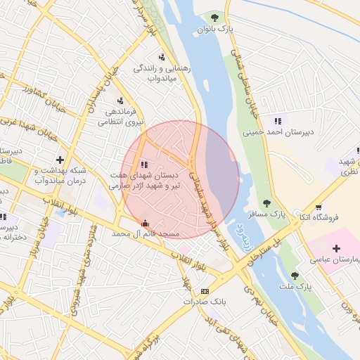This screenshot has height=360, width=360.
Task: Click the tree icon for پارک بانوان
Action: point(214,18)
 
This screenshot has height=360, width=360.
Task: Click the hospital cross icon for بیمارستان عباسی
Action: point(336,248)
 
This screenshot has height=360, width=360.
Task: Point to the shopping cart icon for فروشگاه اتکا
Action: point(319,207)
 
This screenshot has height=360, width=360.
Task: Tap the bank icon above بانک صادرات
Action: point(205,290)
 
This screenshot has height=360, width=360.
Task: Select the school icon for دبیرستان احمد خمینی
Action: point(278,120)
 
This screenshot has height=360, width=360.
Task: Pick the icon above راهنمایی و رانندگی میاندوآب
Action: point(162,57)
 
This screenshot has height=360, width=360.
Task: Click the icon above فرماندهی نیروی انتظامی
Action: point(120,101)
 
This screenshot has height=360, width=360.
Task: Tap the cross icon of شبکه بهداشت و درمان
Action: point(60,160)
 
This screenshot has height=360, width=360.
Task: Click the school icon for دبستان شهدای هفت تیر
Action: point(144,164)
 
